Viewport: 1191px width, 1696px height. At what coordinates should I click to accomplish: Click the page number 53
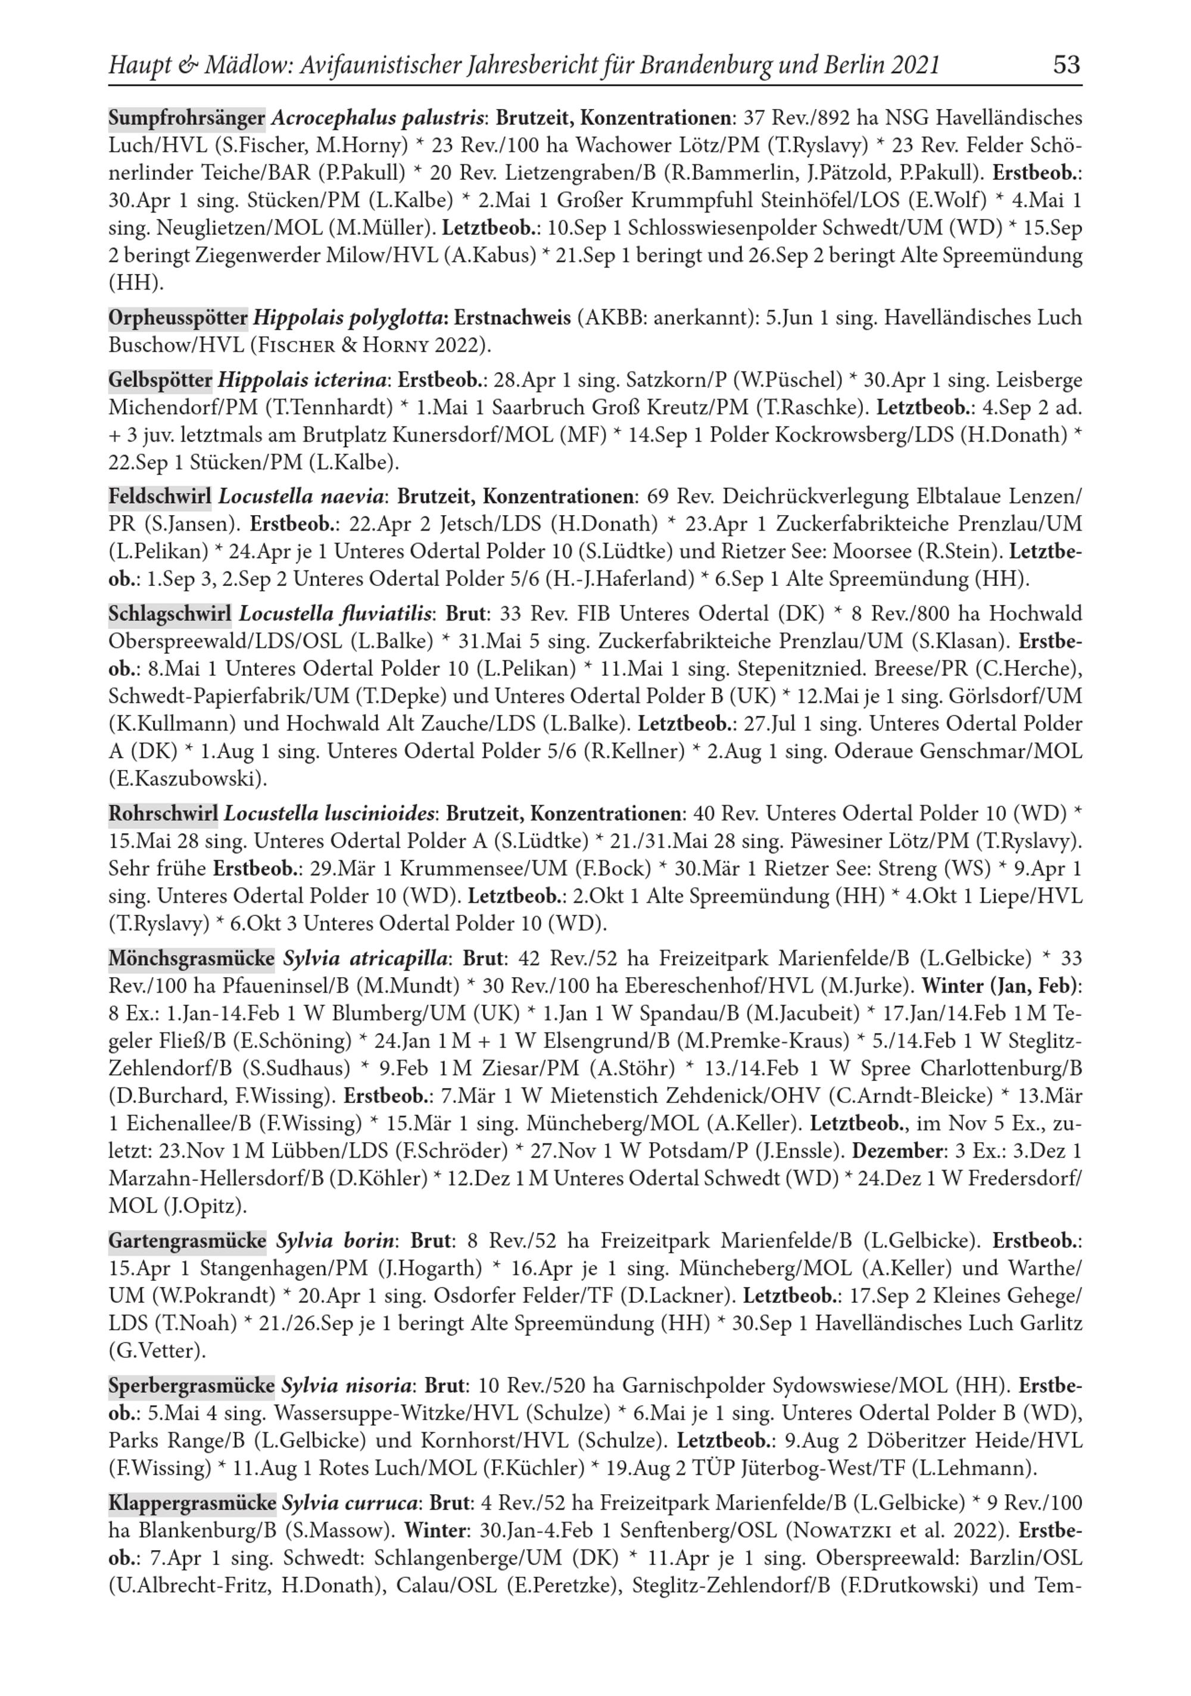click(1066, 65)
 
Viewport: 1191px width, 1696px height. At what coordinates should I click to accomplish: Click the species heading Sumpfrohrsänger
click(187, 117)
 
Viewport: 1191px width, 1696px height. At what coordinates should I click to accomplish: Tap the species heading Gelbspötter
click(160, 380)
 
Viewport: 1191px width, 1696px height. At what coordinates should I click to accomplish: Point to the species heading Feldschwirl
click(160, 495)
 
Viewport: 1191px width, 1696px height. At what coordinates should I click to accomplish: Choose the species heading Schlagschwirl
click(170, 613)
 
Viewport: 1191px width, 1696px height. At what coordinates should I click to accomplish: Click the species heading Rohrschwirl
click(163, 813)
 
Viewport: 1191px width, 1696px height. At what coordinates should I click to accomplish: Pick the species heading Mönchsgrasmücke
click(191, 958)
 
